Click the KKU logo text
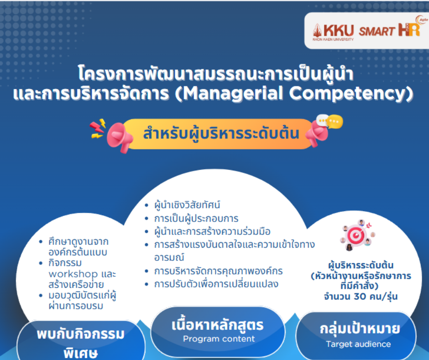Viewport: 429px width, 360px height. [x=339, y=30]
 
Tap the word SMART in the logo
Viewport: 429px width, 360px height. [x=377, y=31]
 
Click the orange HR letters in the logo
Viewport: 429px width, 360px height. [x=409, y=30]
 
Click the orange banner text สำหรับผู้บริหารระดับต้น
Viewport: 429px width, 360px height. [x=221, y=134]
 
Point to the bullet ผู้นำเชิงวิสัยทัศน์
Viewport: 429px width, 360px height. [x=187, y=205]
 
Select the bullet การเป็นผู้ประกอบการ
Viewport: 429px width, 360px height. [x=196, y=218]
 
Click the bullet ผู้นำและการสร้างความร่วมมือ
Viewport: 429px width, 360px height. [x=212, y=232]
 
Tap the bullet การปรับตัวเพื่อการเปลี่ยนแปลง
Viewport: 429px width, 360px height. [x=216, y=284]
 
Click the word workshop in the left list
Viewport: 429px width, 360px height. [x=73, y=274]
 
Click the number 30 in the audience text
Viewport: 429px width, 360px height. [x=360, y=296]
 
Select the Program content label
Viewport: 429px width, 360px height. [x=219, y=339]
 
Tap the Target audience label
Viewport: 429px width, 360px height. [x=358, y=344]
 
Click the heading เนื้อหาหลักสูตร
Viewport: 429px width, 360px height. [x=218, y=325]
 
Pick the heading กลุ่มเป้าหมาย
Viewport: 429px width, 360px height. [x=360, y=328]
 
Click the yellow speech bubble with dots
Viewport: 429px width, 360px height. [x=335, y=122]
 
